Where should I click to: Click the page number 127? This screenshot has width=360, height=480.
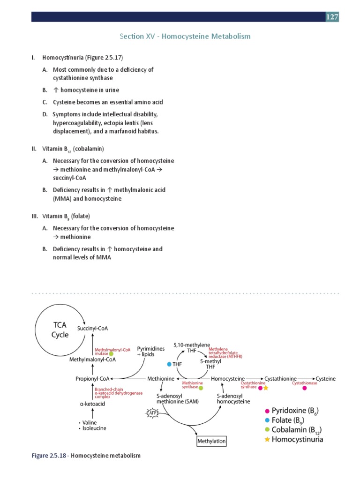coord(332,17)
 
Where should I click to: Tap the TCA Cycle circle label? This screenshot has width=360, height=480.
coord(60,330)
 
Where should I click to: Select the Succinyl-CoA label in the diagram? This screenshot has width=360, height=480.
coord(98,329)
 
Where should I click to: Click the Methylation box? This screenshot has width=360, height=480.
coord(211,441)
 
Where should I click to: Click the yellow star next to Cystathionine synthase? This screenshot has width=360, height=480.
coord(266,388)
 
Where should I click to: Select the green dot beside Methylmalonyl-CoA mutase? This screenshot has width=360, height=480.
coord(111,354)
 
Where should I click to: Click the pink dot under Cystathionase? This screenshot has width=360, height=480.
coord(305,388)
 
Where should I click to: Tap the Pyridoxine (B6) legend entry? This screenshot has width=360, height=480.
coord(294,411)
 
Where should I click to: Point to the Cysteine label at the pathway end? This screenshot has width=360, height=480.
coord(325,378)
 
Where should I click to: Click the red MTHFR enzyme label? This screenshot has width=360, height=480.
coord(225,352)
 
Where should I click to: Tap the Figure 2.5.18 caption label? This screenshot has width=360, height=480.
coord(49,455)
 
